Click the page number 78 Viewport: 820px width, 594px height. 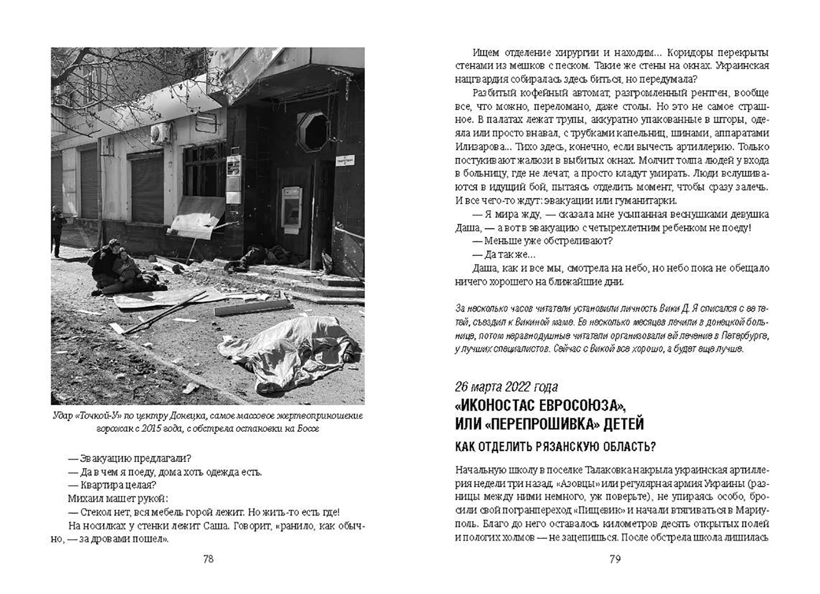[208, 559]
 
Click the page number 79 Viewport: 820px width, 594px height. [615, 559]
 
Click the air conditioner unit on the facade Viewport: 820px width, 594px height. [161, 134]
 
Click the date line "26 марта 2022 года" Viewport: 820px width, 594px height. [506, 387]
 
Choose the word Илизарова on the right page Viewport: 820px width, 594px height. [480, 146]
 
